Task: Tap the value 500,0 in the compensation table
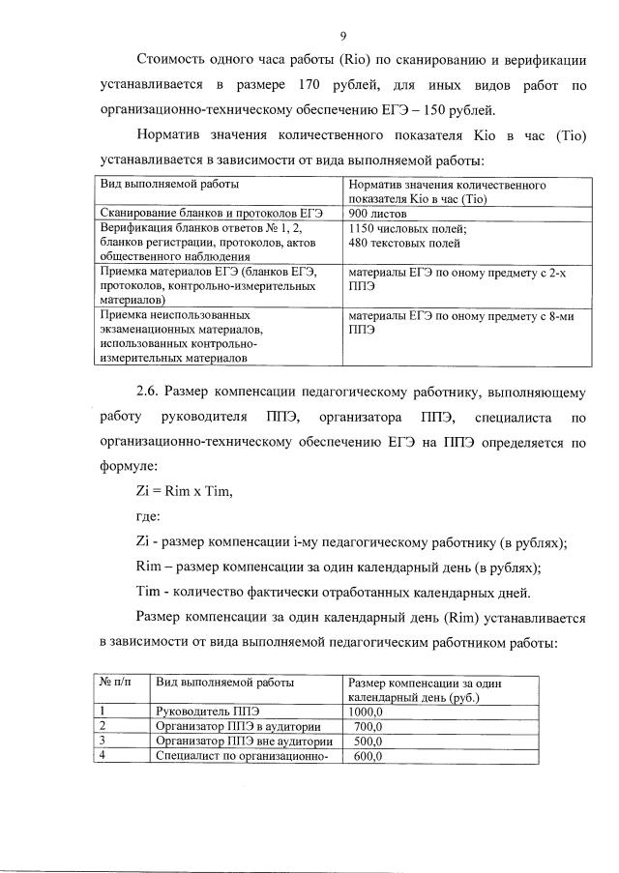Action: [368, 742]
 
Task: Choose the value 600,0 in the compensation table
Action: [368, 756]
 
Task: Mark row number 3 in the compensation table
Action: [102, 742]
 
